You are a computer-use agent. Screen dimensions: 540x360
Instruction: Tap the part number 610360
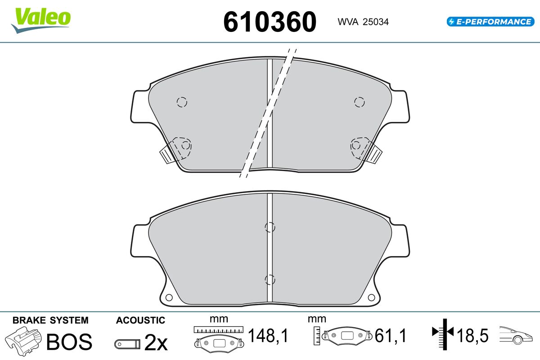click(x=270, y=22)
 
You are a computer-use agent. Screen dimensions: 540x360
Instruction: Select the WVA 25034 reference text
click(x=363, y=22)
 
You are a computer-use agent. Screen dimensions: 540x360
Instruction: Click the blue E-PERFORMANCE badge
click(x=490, y=22)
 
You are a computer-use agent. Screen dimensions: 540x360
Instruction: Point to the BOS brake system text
click(x=69, y=342)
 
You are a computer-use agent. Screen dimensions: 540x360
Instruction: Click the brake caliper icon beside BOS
click(x=23, y=341)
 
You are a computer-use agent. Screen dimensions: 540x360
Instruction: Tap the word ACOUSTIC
click(x=140, y=320)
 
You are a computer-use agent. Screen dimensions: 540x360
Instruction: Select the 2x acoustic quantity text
click(x=156, y=342)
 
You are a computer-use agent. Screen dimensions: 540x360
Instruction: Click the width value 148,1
click(x=268, y=335)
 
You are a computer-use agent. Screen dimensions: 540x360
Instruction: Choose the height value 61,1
click(x=391, y=335)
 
